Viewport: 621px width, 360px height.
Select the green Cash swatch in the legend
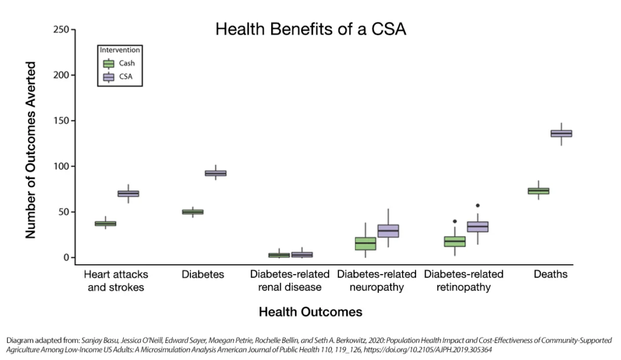[x=109, y=64]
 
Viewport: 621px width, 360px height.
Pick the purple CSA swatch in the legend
[x=109, y=77]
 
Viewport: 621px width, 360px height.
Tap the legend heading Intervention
[x=120, y=50]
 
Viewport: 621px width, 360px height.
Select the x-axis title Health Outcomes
[x=310, y=312]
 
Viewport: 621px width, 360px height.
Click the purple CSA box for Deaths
[x=561, y=133]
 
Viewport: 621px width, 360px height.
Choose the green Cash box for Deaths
[x=538, y=191]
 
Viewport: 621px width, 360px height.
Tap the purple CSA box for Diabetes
[x=215, y=173]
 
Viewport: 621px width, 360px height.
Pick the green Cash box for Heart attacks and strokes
[x=106, y=224]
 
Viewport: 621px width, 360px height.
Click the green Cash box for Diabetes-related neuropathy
[x=366, y=243]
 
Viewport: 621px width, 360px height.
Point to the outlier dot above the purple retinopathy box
[x=478, y=206]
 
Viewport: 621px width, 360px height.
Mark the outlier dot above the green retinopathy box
[x=455, y=221]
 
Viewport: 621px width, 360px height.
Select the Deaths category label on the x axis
[x=550, y=275]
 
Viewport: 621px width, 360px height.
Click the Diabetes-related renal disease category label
[x=289, y=281]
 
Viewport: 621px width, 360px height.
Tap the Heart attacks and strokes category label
[x=116, y=281]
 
